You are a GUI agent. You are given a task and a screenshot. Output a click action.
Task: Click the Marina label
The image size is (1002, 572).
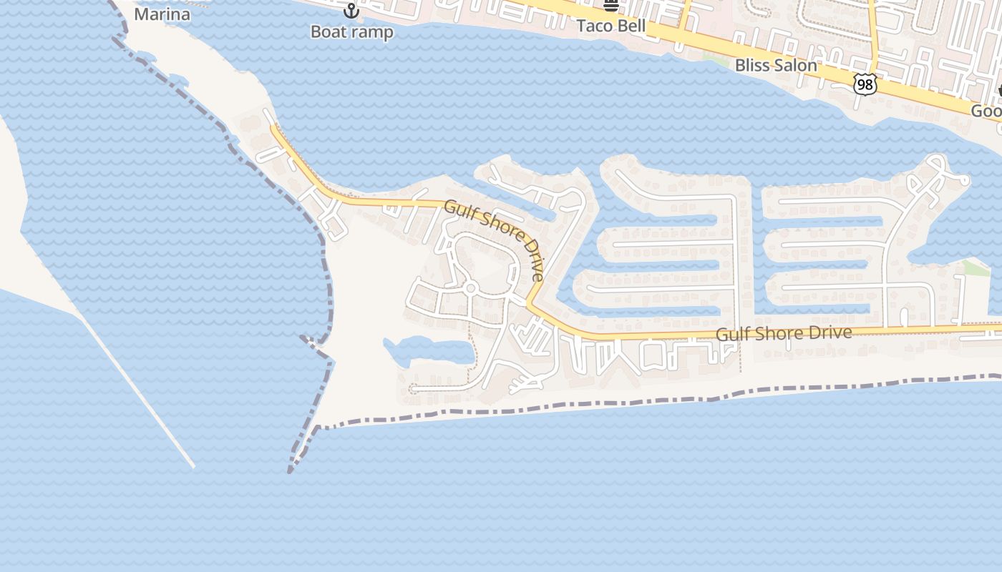pos(162,14)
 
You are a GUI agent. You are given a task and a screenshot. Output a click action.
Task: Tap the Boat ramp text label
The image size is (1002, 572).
pos(351,32)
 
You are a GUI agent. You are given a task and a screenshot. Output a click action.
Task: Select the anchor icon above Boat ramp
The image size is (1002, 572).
pos(351,11)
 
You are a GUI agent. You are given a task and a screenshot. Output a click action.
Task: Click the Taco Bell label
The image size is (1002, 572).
pos(611,26)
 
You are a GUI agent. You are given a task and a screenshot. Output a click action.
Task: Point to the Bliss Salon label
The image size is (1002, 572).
pos(776,66)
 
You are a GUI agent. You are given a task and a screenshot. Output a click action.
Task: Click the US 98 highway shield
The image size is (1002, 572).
pos(865,84)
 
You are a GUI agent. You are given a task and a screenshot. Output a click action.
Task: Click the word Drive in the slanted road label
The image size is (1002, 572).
pos(532,263)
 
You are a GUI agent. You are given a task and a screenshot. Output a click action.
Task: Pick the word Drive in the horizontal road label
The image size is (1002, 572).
pos(830,332)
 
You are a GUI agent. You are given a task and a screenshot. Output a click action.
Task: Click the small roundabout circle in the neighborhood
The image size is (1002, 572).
pos(470,289)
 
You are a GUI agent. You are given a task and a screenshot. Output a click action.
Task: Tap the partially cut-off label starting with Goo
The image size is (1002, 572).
pos(986,112)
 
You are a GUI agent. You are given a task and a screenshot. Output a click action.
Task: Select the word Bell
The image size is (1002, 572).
pos(633,26)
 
